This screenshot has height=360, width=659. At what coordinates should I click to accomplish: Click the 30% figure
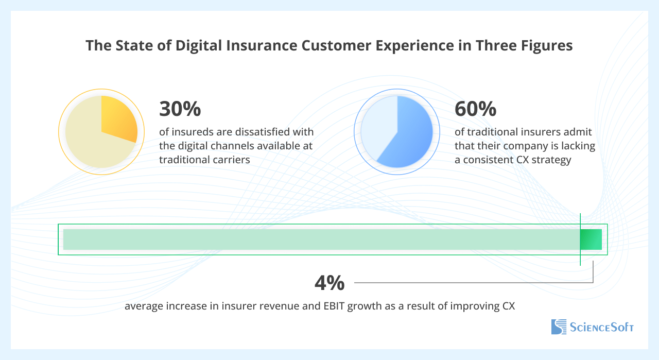(x=180, y=109)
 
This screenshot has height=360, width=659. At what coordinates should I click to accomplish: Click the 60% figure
(x=476, y=109)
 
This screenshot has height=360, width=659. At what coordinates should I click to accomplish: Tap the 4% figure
(x=329, y=283)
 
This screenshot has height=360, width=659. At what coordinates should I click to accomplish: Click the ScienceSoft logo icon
(x=558, y=327)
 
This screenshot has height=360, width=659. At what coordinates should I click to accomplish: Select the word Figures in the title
(x=546, y=45)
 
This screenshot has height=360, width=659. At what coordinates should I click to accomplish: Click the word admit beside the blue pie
(x=578, y=132)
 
